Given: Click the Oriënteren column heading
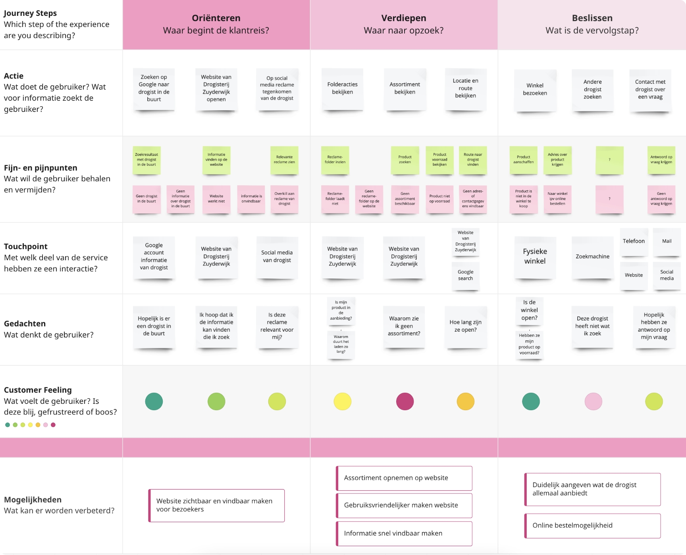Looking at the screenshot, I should tap(216, 18).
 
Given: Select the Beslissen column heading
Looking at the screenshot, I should tap(592, 18).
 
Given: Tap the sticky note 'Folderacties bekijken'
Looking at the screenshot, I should tap(342, 88).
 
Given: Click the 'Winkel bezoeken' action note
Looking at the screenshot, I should tap(535, 89).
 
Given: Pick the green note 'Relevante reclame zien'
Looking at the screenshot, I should tap(284, 159).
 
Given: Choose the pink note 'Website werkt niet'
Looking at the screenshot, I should tap(216, 199).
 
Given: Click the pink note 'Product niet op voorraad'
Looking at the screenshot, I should tap(439, 199).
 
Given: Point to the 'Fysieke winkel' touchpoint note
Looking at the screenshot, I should tap(535, 256).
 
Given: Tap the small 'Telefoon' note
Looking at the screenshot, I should tap(634, 241).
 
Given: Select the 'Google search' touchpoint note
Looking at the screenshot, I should tap(465, 275).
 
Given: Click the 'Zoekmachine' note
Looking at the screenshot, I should tap(592, 257).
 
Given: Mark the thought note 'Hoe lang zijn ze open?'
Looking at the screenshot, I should tap(465, 326).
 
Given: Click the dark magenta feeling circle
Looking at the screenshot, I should tap(405, 401).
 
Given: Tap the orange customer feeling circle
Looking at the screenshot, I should tap(465, 401).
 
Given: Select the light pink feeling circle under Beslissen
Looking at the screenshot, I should tap(593, 401).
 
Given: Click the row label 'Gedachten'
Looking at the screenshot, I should tap(25, 324).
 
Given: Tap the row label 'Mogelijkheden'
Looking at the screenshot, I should tap(33, 500).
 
